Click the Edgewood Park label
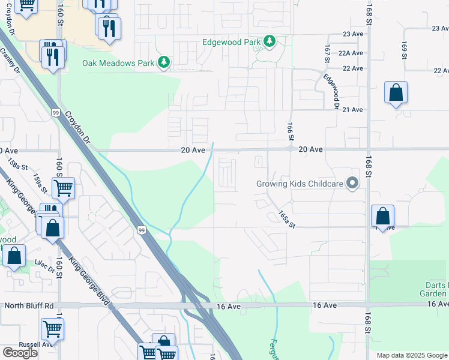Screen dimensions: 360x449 [232, 41]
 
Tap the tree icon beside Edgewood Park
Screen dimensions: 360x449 [270, 41]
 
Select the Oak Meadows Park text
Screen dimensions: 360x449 [118, 62]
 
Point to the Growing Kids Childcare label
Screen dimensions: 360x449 [303, 184]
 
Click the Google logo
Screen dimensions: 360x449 [20, 352]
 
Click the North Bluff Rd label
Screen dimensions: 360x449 [29, 305]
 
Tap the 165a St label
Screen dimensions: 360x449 [288, 218]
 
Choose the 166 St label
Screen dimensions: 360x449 [290, 130]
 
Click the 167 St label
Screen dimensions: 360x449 [327, 53]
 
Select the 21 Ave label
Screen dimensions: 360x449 [353, 109]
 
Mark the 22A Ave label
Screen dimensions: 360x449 [351, 53]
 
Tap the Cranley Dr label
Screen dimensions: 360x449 [10, 61]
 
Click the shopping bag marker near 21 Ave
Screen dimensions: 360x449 [396, 94]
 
